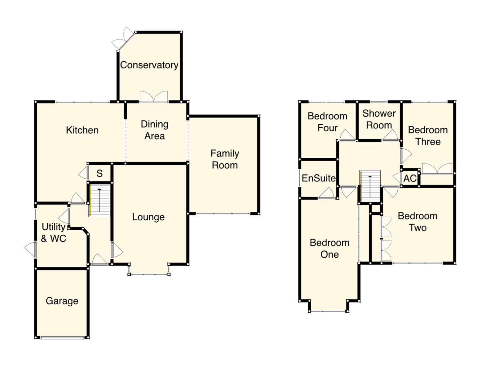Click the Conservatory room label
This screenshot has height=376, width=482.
click(x=149, y=65)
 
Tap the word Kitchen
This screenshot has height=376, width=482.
click(x=82, y=130)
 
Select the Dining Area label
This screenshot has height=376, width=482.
click(x=154, y=130)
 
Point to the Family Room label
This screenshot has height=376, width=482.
click(x=225, y=159)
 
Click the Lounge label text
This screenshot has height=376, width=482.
click(x=148, y=217)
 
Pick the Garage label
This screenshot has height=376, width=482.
click(x=62, y=301)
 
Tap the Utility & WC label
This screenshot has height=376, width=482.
click(x=53, y=233)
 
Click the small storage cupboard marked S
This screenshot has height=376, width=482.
click(x=100, y=173)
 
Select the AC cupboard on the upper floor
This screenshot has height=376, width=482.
click(x=410, y=179)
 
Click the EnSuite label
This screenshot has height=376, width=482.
click(x=318, y=178)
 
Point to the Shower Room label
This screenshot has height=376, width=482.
click(x=379, y=119)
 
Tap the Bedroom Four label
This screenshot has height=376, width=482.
click(x=327, y=122)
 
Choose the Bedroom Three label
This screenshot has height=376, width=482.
click(x=428, y=136)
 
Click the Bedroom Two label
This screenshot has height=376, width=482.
click(x=417, y=222)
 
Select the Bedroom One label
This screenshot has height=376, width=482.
click(x=329, y=249)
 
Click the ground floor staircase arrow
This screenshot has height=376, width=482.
click(x=100, y=200)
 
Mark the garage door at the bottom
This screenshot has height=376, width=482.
click(x=62, y=337)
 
